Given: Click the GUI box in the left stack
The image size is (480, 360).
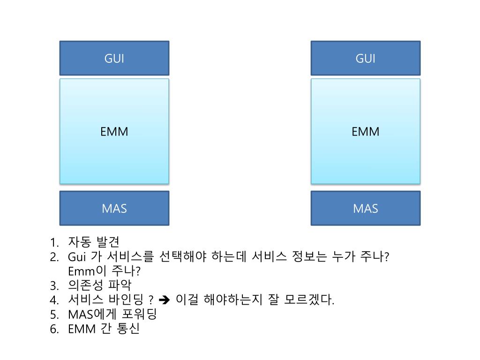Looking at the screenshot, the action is (114, 58).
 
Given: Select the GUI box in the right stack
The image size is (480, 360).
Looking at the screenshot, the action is (365, 58).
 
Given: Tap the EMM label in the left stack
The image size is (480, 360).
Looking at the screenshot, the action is (114, 132).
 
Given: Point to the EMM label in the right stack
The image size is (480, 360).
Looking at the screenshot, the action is (365, 132).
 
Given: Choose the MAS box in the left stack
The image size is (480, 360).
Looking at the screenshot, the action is (114, 208).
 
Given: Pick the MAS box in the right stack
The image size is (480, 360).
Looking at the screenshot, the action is (365, 208).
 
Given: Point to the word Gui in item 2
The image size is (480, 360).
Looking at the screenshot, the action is (76, 257).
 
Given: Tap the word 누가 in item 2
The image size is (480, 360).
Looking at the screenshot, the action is (343, 257).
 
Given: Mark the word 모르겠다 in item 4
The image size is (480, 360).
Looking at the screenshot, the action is (308, 300).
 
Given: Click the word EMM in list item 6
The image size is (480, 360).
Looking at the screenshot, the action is (82, 329).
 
